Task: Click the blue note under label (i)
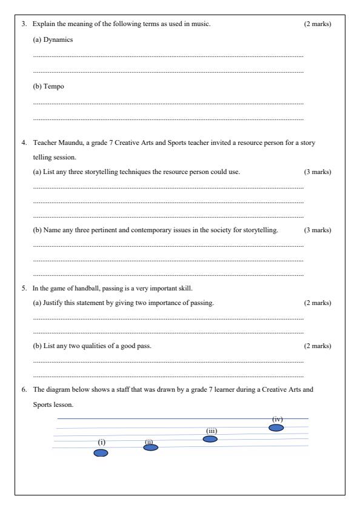pos(101,452)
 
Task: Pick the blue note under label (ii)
pos(150,448)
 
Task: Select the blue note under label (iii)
pos(210,439)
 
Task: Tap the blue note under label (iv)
pos(276,428)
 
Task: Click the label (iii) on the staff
pos(212,431)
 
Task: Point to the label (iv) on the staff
pos(278,418)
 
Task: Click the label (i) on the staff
pos(102,442)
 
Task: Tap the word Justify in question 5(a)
pos(53,303)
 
